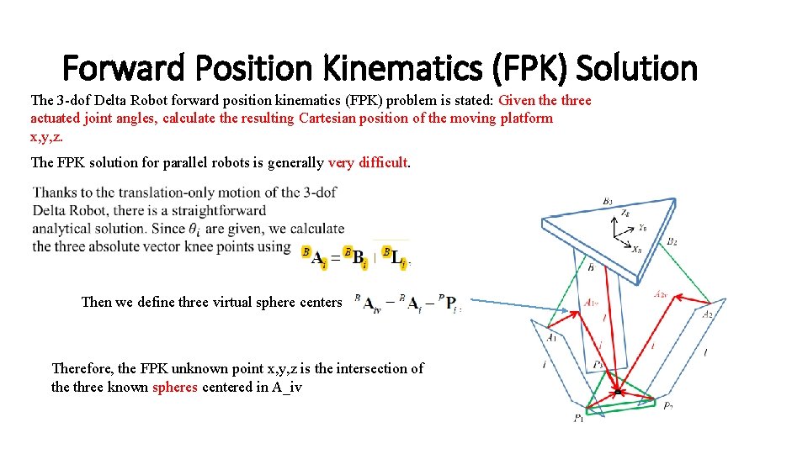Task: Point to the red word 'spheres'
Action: (175, 388)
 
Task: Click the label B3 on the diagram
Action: (607, 201)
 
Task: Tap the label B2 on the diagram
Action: (672, 241)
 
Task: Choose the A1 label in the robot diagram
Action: (550, 337)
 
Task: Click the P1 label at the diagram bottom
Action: (579, 418)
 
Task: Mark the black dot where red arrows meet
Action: (618, 392)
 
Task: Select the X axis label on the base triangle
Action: (636, 249)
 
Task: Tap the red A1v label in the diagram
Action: (592, 303)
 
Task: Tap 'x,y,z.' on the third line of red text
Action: (46, 136)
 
